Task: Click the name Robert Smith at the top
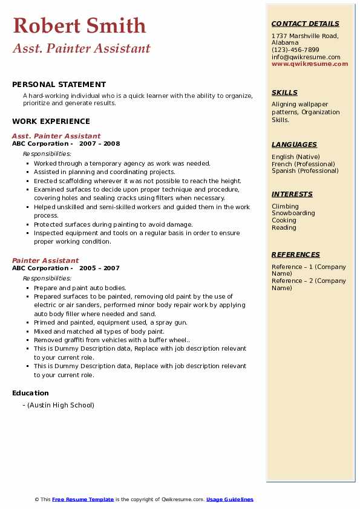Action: (79, 26)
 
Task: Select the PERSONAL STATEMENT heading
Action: (59, 85)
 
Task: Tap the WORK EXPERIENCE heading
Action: (51, 122)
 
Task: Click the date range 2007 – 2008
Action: (100, 144)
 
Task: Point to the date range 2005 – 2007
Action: (100, 268)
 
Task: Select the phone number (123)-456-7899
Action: (295, 50)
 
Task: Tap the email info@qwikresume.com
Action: (306, 57)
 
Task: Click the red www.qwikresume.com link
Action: (310, 64)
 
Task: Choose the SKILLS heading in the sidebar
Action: (284, 92)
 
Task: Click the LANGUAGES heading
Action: (294, 144)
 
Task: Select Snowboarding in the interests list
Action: (293, 213)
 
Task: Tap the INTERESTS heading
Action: (292, 194)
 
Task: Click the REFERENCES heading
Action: (296, 254)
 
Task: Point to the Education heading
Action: (30, 393)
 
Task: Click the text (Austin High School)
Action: (61, 405)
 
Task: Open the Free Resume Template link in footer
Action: (83, 499)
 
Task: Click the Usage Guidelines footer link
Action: (229, 499)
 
